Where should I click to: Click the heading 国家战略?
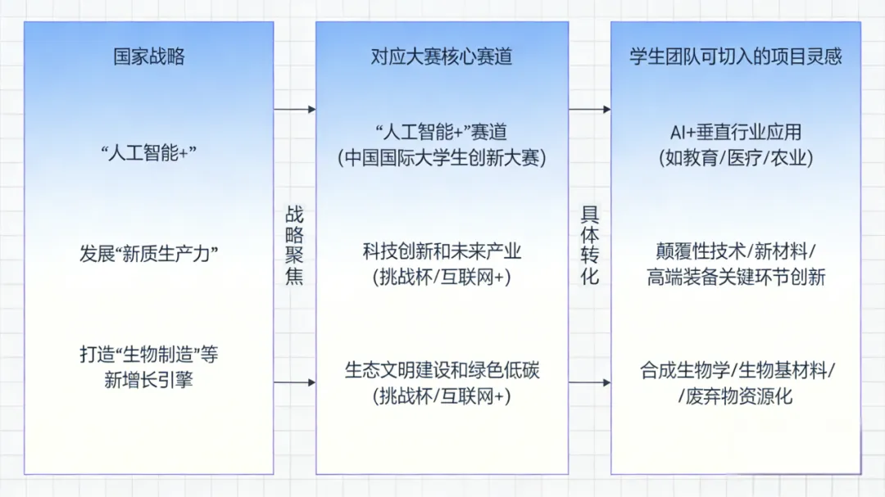pyautogui.click(x=148, y=56)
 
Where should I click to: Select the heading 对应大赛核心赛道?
pyautogui.click(x=441, y=56)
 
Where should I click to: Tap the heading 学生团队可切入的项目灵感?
pyautogui.click(x=735, y=56)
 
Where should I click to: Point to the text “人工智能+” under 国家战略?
pyautogui.click(x=148, y=153)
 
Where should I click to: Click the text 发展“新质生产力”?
pyautogui.click(x=148, y=254)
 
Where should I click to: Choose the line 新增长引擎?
pyautogui.click(x=148, y=379)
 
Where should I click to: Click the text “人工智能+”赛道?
pyautogui.click(x=441, y=132)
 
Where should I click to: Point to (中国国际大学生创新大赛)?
pyautogui.click(x=441, y=158)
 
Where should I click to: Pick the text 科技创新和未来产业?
pyautogui.click(x=441, y=251)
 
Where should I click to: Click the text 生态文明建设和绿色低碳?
pyautogui.click(x=441, y=370)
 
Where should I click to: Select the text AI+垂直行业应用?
pyautogui.click(x=735, y=132)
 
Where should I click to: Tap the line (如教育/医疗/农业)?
pyautogui.click(x=735, y=158)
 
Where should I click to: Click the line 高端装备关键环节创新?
pyautogui.click(x=735, y=278)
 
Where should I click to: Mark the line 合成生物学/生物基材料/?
pyautogui.click(x=735, y=370)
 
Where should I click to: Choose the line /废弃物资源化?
pyautogui.click(x=735, y=397)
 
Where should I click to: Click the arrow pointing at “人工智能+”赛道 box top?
pyautogui.click(x=294, y=109)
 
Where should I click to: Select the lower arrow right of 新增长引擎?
pyautogui.click(x=294, y=382)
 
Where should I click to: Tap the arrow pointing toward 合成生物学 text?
pyautogui.click(x=589, y=382)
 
